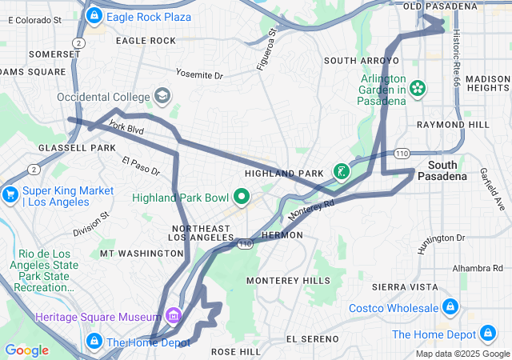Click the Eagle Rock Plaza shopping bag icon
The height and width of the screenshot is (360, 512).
point(94,15)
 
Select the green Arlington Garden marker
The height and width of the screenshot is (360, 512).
point(416,87)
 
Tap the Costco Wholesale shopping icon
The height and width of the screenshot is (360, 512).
point(450,308)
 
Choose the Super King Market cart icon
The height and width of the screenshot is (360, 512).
point(10,194)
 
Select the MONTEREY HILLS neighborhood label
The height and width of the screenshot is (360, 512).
point(288,281)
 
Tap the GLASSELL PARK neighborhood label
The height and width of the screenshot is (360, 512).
point(38,148)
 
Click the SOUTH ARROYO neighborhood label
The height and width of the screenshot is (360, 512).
point(356,61)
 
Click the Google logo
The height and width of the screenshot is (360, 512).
point(26,350)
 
